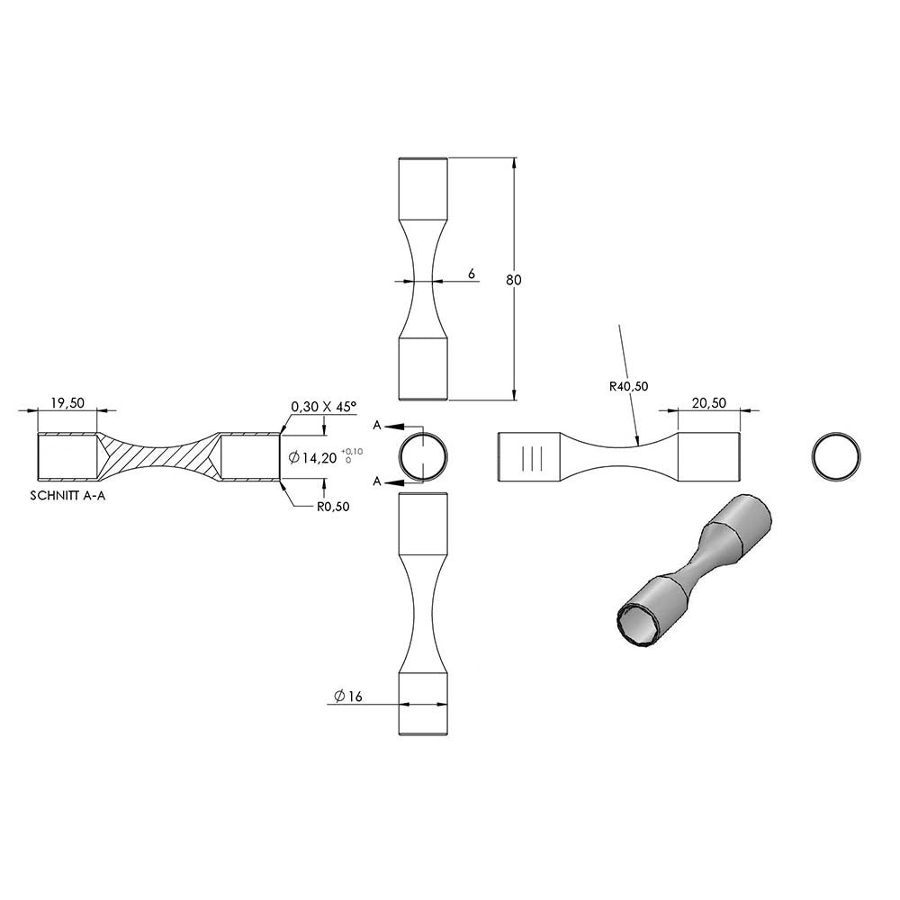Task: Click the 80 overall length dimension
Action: [514, 280]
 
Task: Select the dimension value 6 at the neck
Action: [472, 274]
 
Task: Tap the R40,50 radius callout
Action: [628, 386]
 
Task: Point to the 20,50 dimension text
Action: [709, 403]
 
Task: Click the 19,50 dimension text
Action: [67, 403]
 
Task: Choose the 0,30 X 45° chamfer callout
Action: [324, 407]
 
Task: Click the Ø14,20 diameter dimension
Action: [313, 457]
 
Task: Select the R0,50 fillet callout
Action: [333, 507]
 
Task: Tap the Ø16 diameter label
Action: [348, 697]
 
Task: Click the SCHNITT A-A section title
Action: [67, 496]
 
